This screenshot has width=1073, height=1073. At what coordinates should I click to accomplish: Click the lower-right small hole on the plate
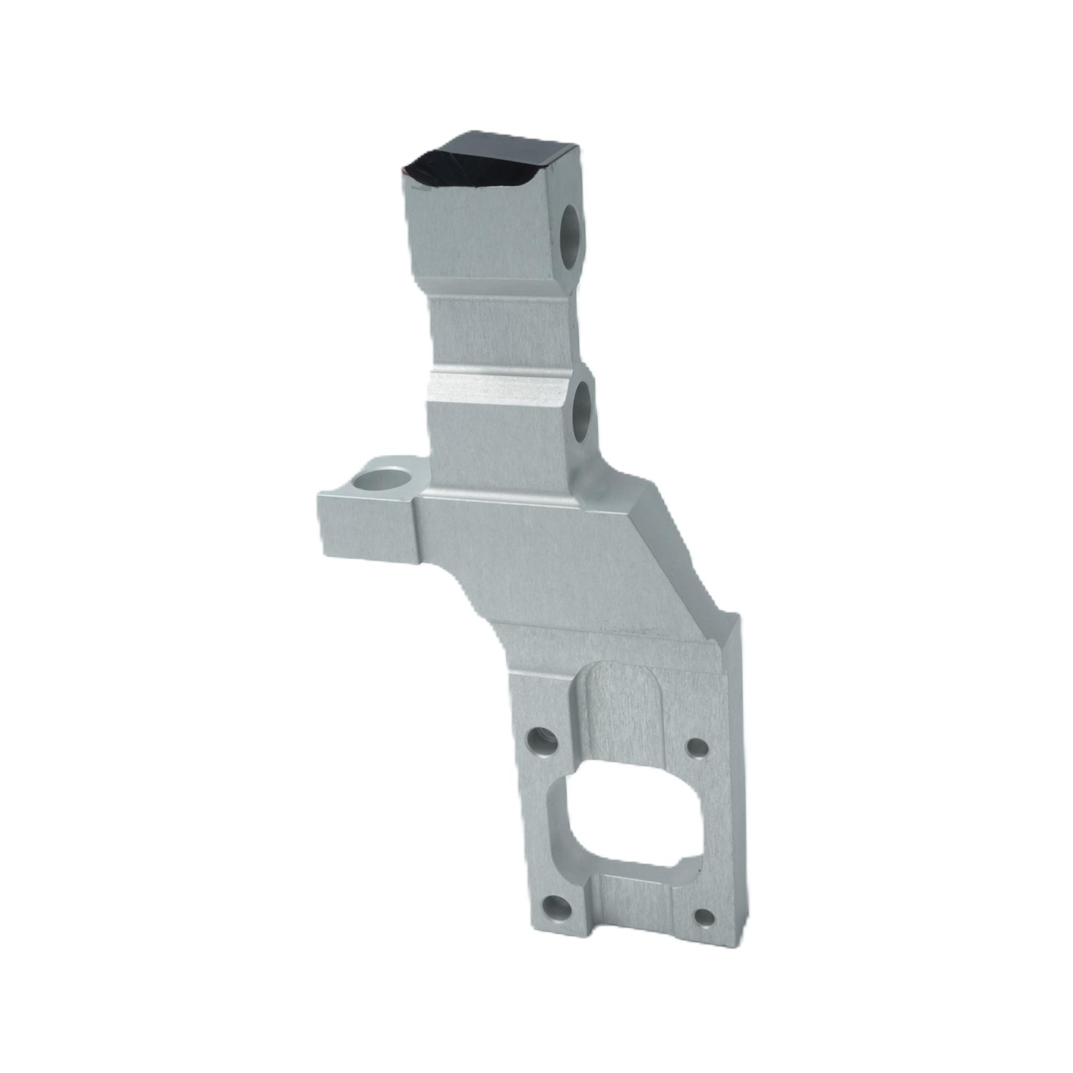(x=703, y=916)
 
